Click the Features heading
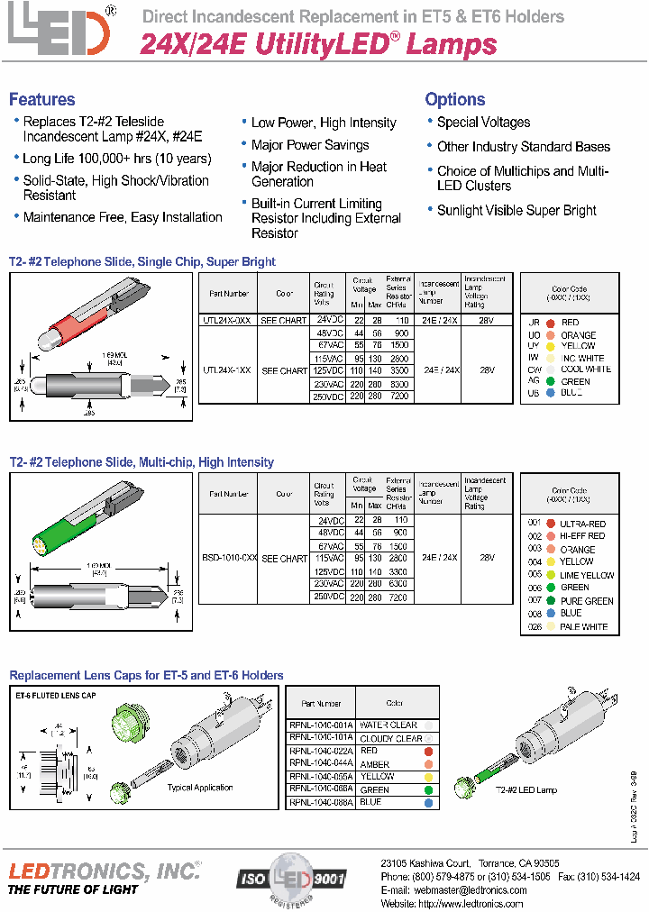point(42,100)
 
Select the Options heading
point(455,100)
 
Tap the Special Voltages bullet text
point(483,123)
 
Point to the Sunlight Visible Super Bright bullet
point(516,211)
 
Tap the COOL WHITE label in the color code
point(585,369)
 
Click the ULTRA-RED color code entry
point(582,524)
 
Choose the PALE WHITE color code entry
point(583,626)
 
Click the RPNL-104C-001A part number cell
point(321,725)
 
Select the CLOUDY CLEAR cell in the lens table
point(390,738)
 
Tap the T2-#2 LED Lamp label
point(526,789)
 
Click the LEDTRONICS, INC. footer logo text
point(104,871)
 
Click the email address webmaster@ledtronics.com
point(469,889)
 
